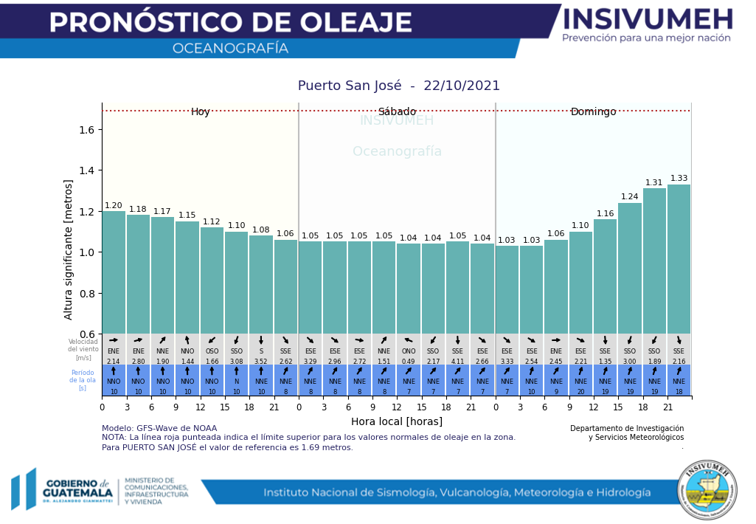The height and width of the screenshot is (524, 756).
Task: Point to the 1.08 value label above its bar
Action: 261,230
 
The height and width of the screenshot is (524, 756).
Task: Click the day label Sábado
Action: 397,112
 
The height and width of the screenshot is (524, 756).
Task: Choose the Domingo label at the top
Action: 593,112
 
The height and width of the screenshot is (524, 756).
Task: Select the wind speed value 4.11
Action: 457,362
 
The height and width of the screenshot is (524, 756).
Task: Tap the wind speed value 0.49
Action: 409,362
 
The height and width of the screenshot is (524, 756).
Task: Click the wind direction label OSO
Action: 212,352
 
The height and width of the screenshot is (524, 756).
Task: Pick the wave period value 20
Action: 580,392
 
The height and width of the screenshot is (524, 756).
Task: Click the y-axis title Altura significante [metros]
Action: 69,249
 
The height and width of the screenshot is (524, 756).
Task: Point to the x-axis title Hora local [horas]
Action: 397,421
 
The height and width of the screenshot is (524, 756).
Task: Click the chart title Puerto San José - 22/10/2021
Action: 398,86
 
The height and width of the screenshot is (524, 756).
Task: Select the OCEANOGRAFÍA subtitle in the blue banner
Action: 230,49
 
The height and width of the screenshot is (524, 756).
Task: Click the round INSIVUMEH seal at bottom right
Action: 707,490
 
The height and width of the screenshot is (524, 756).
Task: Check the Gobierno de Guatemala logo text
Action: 77,489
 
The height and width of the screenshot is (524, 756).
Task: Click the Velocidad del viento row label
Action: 83,349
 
